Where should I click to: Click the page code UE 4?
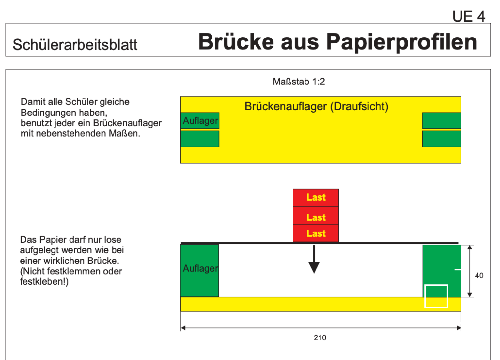pos(469,16)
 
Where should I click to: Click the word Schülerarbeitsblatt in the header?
pos(75,44)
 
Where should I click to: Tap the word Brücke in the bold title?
pos(236,41)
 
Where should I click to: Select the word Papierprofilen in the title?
pos(401,43)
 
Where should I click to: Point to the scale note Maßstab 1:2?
pos(299,82)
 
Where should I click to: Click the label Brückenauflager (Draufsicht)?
pos(317,106)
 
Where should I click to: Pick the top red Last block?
pos(316,198)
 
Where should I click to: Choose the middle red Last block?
pos(316,216)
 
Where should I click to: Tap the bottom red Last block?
pos(316,233)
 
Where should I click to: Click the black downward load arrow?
pos(314,259)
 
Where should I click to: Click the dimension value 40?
pos(479,276)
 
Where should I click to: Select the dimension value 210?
pos(320,337)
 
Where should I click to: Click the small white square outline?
pos(436,285)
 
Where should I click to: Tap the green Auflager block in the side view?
pos(199,271)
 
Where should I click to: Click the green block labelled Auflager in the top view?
pos(200,121)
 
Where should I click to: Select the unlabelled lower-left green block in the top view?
pos(200,139)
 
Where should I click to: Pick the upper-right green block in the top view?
pos(442,121)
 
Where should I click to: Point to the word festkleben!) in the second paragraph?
pos(44,281)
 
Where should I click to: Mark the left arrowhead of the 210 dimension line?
pos(183,328)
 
